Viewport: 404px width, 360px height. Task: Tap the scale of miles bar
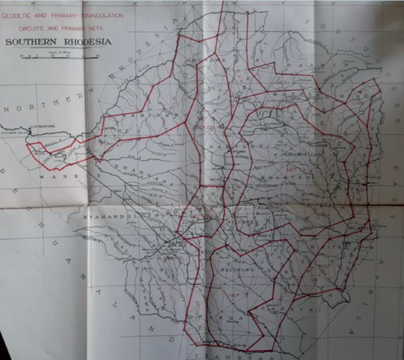pos(59,57)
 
